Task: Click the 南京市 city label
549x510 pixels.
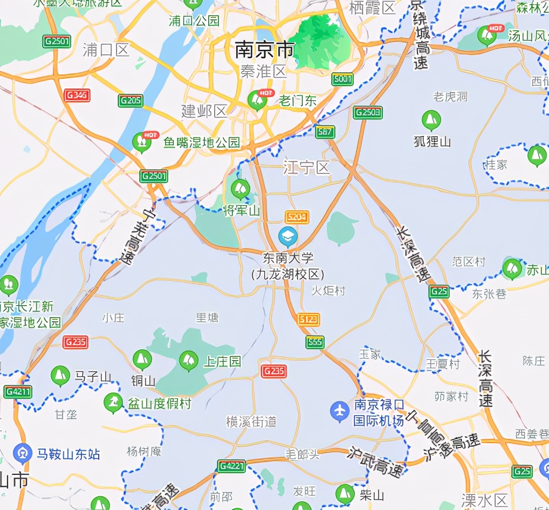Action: pos(264,50)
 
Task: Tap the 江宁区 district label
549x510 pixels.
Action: pos(306,168)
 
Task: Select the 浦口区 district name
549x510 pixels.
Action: pos(106,50)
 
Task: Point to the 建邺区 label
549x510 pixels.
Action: pos(204,112)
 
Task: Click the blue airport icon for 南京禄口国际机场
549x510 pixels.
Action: pos(340,412)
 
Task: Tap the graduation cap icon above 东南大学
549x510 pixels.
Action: pos(288,236)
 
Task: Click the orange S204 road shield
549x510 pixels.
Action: pos(297,217)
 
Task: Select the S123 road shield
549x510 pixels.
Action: pos(308,320)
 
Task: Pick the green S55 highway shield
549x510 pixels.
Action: pos(314,342)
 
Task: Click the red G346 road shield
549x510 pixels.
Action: pos(77,96)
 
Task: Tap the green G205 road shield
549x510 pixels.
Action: pos(131,100)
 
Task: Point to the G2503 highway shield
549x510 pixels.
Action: pos(368,113)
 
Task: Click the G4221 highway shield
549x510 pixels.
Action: pos(231,466)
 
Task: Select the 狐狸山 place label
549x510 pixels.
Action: pos(432,141)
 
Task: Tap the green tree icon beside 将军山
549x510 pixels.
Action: pos(240,189)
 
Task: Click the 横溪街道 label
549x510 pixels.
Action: pos(251,422)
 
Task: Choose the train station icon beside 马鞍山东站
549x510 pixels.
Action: pos(23,453)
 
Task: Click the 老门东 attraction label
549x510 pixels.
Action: pos(298,100)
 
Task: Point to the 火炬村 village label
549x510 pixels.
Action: pos(328,291)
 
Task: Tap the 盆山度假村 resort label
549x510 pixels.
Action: pos(159,403)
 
